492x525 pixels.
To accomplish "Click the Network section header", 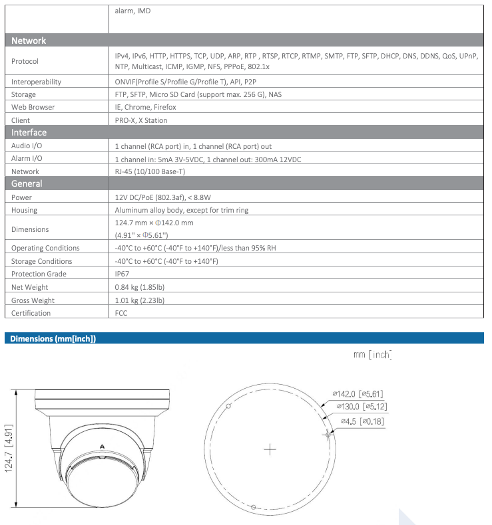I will point(29,41).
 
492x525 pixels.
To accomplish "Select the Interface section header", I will point(29,132).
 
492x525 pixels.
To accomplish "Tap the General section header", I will point(27,183).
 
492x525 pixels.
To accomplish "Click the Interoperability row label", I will point(37,82).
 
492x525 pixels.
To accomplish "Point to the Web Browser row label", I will point(33,107).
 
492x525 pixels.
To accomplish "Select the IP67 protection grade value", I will point(122,274).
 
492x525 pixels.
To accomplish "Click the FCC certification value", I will point(121,313).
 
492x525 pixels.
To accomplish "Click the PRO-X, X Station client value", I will point(141,120).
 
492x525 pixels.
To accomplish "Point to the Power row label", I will point(22,197).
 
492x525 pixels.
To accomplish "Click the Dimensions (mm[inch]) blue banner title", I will point(53,339).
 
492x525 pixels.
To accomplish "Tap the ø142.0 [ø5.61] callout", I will point(358,393).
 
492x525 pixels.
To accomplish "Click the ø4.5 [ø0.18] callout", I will point(362,421).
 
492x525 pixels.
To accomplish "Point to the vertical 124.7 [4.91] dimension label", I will point(9,449).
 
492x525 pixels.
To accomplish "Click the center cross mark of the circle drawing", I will point(270,449).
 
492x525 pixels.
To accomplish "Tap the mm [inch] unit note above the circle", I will point(372,355).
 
